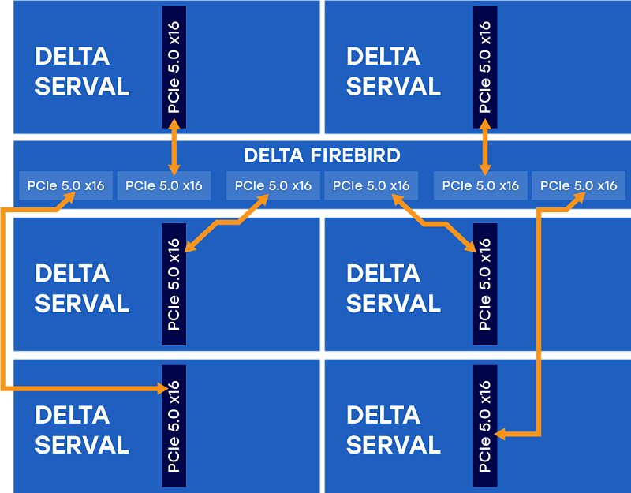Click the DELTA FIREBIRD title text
click(322, 155)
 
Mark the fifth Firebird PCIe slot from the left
click(480, 186)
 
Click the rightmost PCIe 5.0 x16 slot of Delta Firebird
click(579, 186)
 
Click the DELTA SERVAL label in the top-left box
click(82, 72)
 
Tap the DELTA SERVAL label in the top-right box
click(393, 72)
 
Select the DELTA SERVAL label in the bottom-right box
click(393, 430)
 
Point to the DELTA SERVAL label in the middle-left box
click(82, 288)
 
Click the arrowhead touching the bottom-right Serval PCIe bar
click(502, 433)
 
